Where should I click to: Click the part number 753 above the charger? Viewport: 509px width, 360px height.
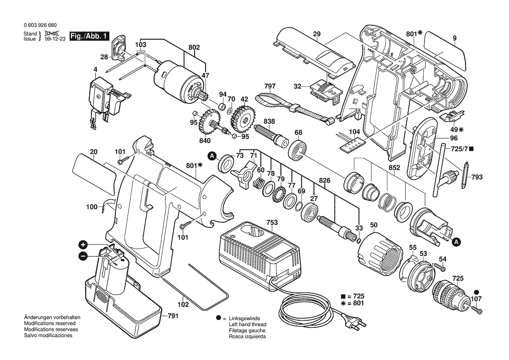(272, 223)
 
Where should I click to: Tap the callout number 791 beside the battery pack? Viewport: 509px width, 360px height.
(173, 316)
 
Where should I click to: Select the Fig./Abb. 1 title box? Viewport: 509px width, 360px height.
(90, 36)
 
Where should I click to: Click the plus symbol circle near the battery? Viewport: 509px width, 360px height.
(83, 245)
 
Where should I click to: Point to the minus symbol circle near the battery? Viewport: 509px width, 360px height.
(83, 256)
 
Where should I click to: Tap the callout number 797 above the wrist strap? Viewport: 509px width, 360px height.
(270, 86)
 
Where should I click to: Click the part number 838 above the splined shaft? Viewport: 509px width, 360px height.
(269, 121)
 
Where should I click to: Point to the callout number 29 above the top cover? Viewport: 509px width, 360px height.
(317, 34)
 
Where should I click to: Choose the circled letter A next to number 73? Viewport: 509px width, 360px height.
(212, 156)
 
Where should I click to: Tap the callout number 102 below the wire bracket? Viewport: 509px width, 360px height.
(183, 305)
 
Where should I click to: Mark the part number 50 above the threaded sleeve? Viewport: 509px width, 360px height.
(374, 225)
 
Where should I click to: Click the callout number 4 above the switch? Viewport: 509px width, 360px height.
(95, 69)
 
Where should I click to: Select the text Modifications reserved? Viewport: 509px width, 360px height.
(50, 323)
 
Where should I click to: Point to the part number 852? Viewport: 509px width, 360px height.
(394, 168)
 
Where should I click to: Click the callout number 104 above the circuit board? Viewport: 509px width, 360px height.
(354, 132)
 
